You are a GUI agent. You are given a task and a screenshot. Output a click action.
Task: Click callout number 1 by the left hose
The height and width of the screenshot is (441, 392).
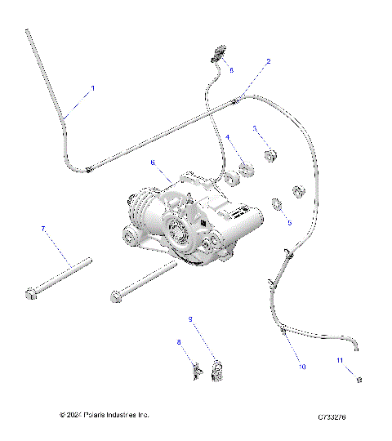pos(92,87)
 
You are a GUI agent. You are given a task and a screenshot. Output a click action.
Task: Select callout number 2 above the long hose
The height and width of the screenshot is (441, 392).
pos(269,61)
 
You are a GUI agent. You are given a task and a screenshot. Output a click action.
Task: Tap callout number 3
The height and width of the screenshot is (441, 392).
pos(255,128)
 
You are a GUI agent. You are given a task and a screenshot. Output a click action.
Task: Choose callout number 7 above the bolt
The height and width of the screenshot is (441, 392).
pos(42,229)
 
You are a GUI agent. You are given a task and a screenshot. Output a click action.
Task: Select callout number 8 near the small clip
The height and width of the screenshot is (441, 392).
pos(179,341)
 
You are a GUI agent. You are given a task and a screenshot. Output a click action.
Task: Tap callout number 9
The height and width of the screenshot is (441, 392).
pos(190,318)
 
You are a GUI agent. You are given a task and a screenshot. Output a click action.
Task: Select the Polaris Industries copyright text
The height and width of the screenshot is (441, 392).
pos(105,415)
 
